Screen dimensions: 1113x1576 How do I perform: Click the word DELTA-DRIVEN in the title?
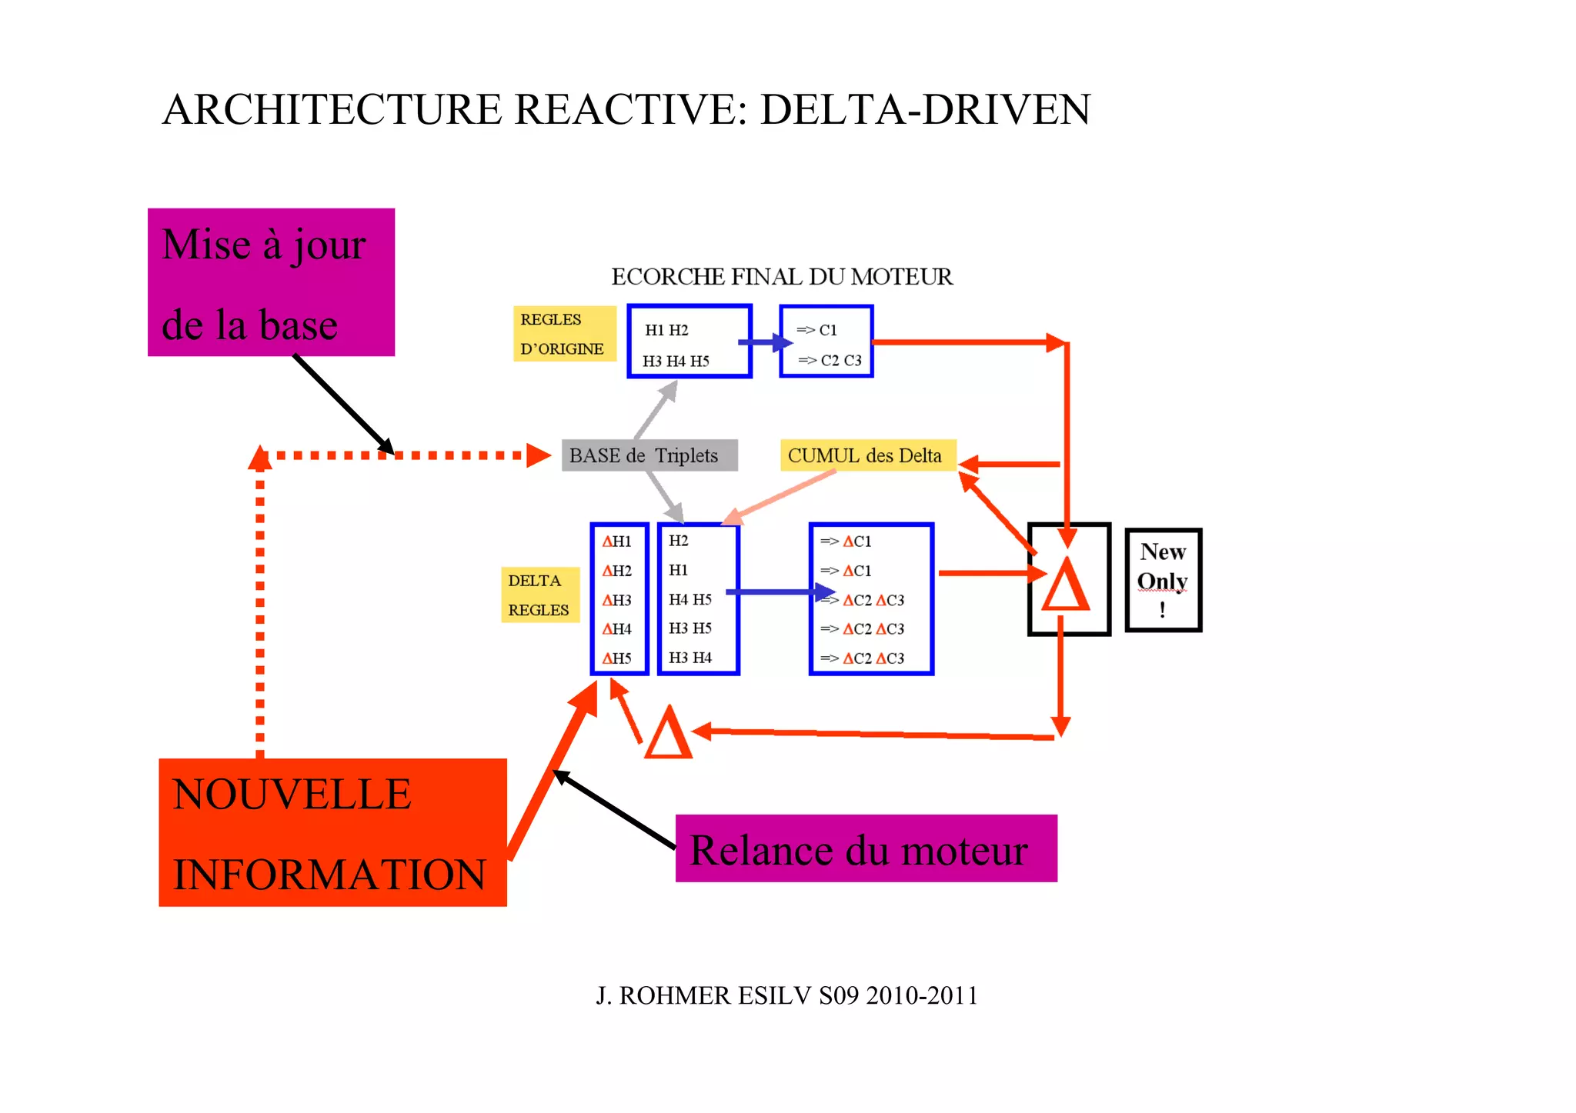click(925, 109)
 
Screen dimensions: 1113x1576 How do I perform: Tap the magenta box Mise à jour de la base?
click(271, 282)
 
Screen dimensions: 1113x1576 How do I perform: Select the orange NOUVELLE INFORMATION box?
click(332, 832)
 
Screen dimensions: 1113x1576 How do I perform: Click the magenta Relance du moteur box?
click(866, 848)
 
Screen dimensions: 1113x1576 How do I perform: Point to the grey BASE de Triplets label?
click(649, 455)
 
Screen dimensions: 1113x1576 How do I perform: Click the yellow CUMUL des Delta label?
click(868, 455)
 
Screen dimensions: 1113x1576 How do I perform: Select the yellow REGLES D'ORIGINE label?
click(564, 334)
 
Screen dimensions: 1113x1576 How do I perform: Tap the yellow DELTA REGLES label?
click(539, 595)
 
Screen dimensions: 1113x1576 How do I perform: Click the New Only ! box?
click(1163, 580)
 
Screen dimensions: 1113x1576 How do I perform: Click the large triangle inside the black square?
click(1066, 586)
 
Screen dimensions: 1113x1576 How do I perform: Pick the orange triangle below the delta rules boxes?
click(668, 735)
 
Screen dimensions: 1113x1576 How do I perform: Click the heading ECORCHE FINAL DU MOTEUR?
click(782, 277)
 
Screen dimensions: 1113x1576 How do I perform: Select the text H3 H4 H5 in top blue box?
click(676, 361)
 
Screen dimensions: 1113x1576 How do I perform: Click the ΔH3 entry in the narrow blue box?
click(617, 600)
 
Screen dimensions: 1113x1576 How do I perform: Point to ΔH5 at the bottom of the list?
click(617, 658)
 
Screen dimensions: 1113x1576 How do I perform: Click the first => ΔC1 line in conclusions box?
click(846, 542)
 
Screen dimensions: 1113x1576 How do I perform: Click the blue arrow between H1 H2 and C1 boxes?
click(765, 342)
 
